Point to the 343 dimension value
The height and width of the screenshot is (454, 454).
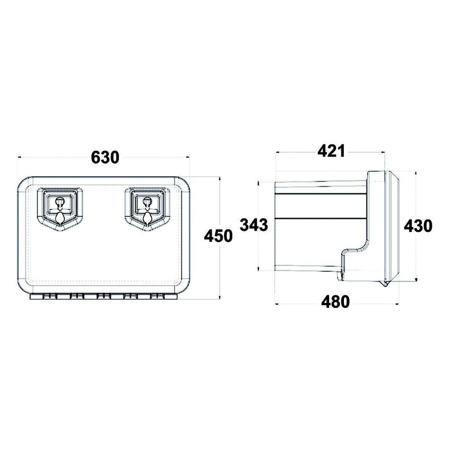point(253,225)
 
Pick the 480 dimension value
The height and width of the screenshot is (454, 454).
point(335,301)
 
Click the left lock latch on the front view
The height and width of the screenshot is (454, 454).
point(60,206)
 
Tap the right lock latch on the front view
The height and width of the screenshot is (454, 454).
point(148,206)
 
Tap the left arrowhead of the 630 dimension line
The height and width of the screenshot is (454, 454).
point(20,157)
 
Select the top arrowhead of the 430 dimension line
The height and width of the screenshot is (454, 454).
point(416,168)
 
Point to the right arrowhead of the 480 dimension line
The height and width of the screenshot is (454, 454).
point(397,302)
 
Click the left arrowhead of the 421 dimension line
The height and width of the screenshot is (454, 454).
point(277,152)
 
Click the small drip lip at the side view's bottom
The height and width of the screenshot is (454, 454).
point(342,275)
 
